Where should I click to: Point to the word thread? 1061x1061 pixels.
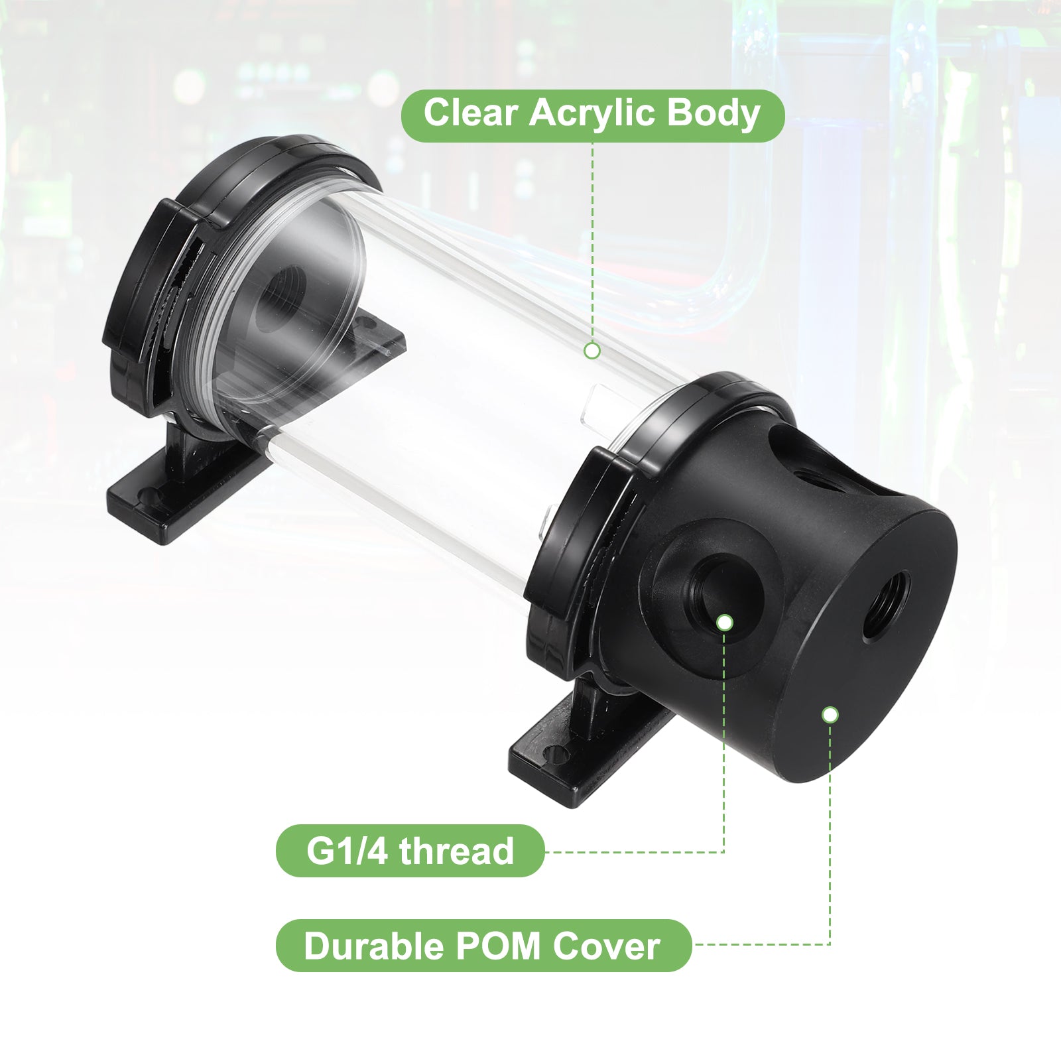click(456, 851)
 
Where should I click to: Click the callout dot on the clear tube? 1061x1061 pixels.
click(592, 350)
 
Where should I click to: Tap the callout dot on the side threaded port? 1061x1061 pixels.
click(725, 622)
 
